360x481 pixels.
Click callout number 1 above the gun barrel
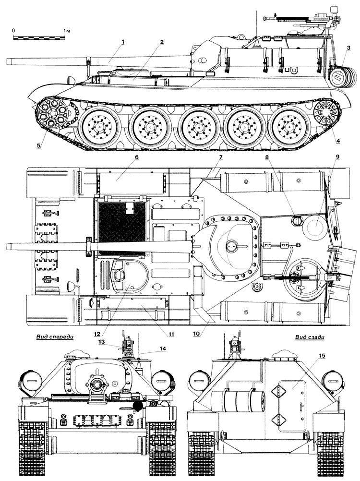click(x=123, y=42)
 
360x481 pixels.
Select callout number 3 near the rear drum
click(x=348, y=48)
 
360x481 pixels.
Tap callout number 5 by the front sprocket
click(x=38, y=146)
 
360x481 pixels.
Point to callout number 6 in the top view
click(x=136, y=157)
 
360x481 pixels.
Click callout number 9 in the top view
click(x=337, y=157)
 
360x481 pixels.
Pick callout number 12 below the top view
click(x=97, y=334)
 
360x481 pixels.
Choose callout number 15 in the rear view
click(x=322, y=356)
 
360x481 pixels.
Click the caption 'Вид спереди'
click(x=55, y=337)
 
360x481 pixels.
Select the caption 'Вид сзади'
click(x=310, y=337)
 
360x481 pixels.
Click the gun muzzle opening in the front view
click(x=97, y=384)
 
